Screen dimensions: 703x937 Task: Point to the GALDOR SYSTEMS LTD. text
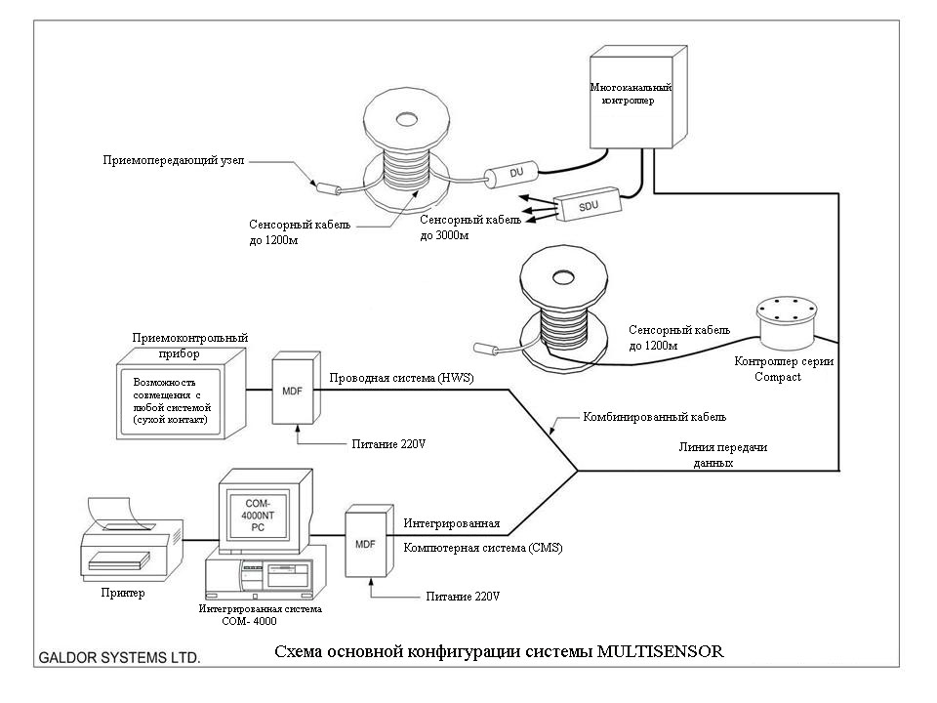point(119,658)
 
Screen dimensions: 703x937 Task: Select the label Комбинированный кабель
point(654,417)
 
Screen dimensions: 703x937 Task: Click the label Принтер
point(122,593)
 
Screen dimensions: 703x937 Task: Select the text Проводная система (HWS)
point(401,379)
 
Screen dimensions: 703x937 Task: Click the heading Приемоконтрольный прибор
point(189,345)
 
